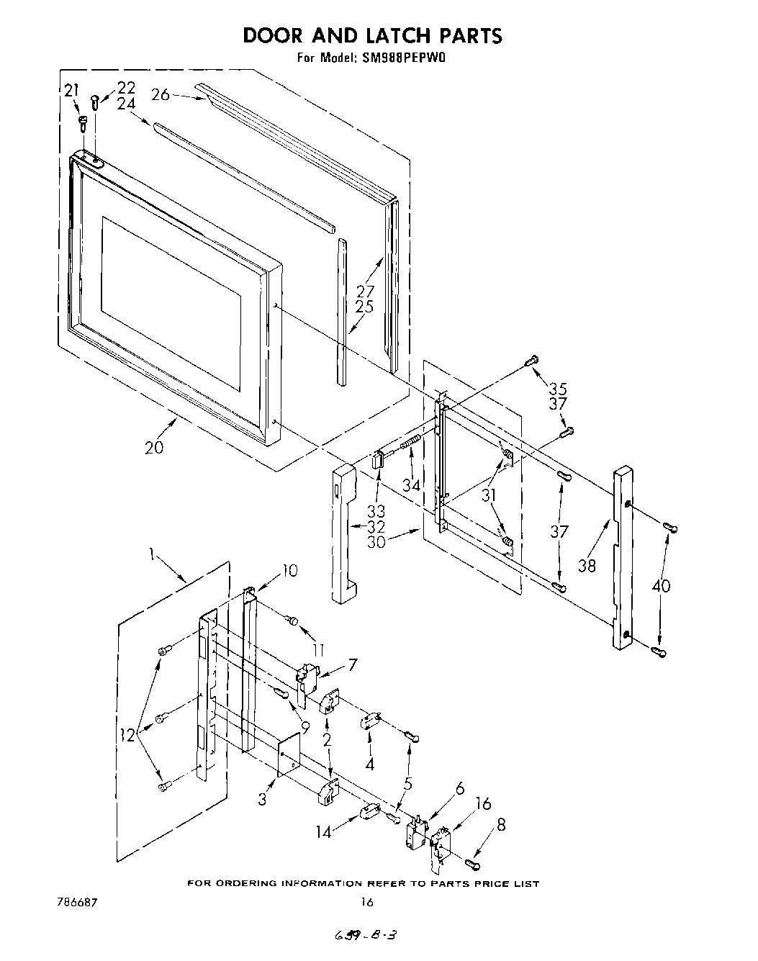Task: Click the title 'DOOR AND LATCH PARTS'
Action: (371, 35)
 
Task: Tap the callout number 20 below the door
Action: (153, 447)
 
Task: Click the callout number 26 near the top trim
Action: (161, 94)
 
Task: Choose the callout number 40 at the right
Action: (660, 586)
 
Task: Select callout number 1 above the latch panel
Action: (153, 554)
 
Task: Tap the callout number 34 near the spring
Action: (411, 485)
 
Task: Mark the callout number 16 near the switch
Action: (483, 803)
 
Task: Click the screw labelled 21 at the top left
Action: (82, 123)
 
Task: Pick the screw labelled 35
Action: (533, 360)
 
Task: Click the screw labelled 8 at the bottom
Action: (473, 862)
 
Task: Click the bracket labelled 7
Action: (307, 677)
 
